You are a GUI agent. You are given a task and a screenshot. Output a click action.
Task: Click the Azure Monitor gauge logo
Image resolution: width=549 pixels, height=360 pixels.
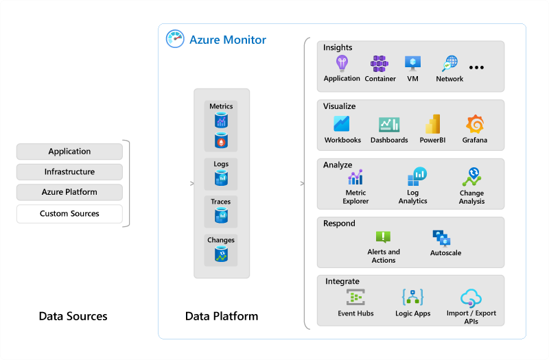(175, 39)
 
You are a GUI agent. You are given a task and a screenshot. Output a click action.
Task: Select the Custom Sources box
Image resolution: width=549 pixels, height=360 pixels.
(69, 214)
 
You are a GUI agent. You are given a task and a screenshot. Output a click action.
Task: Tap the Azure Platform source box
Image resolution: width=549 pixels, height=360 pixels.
(69, 192)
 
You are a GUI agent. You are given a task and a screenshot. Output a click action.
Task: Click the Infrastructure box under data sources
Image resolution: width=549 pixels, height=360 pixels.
(69, 172)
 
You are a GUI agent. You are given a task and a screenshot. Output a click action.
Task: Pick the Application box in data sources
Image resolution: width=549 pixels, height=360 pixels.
(69, 152)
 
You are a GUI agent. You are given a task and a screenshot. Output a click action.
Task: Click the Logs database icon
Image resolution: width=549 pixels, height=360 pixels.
(221, 178)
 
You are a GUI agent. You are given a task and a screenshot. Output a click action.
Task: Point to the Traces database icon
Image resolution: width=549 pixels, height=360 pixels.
(221, 216)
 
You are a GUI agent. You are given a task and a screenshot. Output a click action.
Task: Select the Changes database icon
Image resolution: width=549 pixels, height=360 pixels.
(221, 254)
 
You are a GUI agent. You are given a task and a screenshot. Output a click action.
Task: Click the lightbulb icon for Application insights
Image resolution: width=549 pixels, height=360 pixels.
(342, 64)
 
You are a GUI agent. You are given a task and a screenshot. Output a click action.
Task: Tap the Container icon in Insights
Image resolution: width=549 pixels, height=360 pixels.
(379, 64)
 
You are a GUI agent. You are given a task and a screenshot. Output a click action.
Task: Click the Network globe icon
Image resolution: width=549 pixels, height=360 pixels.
(449, 64)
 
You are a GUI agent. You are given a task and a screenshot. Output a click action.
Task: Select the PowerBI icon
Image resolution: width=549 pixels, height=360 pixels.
(432, 124)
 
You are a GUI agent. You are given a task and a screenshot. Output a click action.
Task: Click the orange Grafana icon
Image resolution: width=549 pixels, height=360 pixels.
(474, 124)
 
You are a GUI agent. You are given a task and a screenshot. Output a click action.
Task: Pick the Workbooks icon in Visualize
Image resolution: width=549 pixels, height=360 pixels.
(342, 124)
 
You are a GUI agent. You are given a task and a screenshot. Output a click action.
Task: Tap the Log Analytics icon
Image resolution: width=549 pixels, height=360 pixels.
(417, 177)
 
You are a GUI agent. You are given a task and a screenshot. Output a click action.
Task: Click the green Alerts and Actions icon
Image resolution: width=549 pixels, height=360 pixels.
(383, 237)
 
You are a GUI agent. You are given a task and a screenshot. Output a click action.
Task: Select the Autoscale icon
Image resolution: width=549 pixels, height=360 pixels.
(441, 238)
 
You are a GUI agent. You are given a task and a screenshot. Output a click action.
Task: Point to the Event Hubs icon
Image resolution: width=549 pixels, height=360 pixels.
(355, 298)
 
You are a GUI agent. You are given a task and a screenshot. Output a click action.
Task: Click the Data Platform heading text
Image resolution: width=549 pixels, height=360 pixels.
(222, 316)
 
